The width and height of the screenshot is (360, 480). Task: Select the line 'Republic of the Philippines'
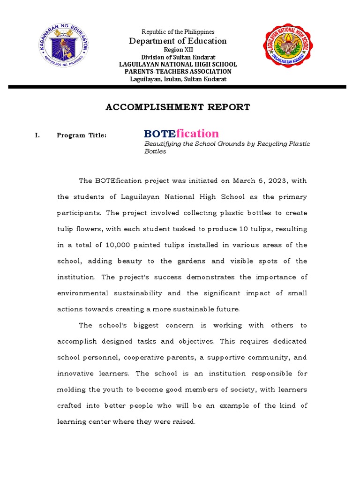178,32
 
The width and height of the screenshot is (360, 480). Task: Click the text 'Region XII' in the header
178,50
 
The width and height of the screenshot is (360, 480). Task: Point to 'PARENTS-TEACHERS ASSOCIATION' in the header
178,72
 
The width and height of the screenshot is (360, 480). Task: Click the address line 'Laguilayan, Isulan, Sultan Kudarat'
178,79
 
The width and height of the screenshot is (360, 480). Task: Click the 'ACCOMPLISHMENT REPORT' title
178,107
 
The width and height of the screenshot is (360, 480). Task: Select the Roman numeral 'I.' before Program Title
37,135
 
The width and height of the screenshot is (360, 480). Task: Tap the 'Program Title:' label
82,135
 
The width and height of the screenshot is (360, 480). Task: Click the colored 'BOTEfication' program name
181,134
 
